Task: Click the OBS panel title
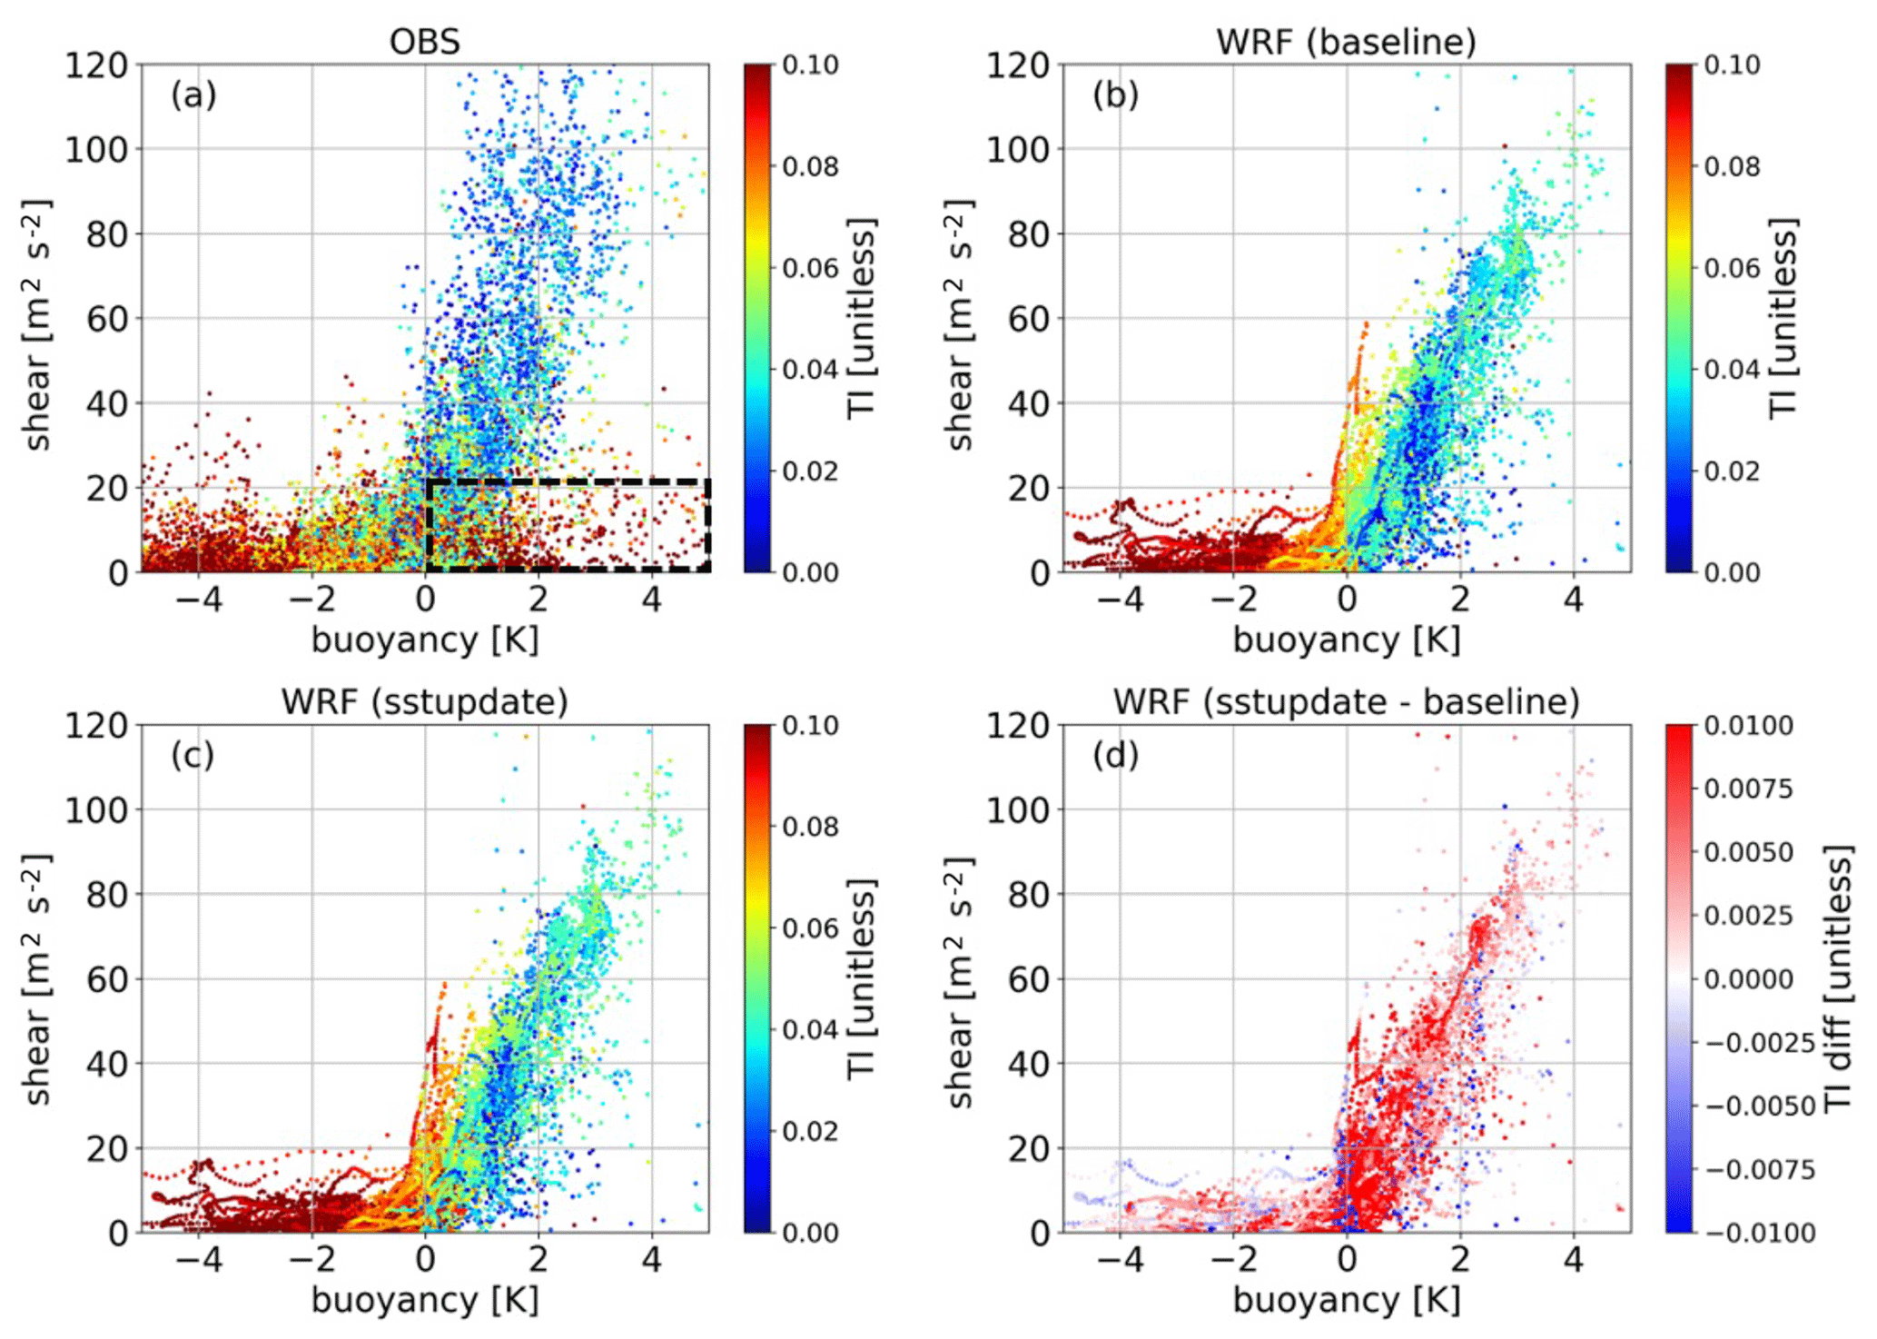(x=424, y=42)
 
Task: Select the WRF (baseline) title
(x=1346, y=42)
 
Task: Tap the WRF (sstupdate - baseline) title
(x=1346, y=702)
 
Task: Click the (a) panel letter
(x=193, y=94)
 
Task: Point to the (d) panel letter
(x=1115, y=755)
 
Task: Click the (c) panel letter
(x=193, y=755)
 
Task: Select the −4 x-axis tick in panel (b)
(x=1120, y=600)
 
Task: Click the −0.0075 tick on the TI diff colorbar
(x=1759, y=1169)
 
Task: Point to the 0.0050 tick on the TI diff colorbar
(x=1748, y=853)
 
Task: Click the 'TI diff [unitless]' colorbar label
(x=1838, y=977)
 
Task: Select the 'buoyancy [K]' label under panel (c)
(x=424, y=1300)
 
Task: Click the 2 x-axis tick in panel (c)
(x=538, y=1260)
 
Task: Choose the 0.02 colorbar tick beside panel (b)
(x=1732, y=471)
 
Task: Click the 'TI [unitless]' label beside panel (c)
(x=861, y=977)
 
